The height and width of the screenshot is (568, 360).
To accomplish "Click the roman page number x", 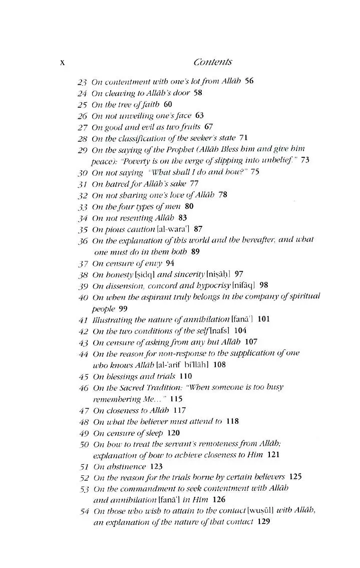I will pyautogui.click(x=63, y=63).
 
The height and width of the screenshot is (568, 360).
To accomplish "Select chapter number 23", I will pyautogui.click(x=83, y=81).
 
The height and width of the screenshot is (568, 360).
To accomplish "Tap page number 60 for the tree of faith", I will pyautogui.click(x=168, y=104).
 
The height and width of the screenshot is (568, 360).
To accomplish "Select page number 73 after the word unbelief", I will pyautogui.click(x=305, y=160).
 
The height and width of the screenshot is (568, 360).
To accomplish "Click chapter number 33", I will pyautogui.click(x=83, y=206).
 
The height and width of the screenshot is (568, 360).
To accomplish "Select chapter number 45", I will pyautogui.click(x=83, y=376).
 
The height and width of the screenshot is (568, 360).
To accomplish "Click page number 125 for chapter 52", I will pyautogui.click(x=295, y=478).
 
